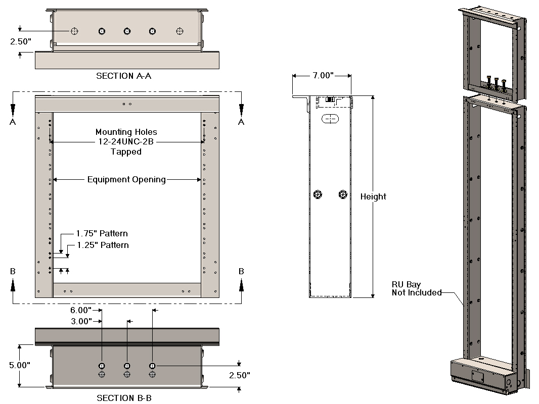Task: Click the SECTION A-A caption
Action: coord(124,76)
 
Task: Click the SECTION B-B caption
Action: coord(124,398)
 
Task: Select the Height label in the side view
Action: coord(373,196)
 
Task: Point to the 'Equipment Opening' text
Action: coord(126,179)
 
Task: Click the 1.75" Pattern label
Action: coord(102,234)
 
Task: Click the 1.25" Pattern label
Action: coord(103,245)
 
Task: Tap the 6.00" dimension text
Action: coord(80,310)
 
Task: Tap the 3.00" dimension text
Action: coord(80,321)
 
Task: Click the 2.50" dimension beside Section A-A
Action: coord(21,42)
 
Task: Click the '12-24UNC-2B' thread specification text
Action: coord(126,142)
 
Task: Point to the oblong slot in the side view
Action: coord(330,120)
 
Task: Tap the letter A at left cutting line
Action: coord(13,122)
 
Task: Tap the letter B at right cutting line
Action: coord(241,271)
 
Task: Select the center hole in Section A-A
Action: coord(127,31)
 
